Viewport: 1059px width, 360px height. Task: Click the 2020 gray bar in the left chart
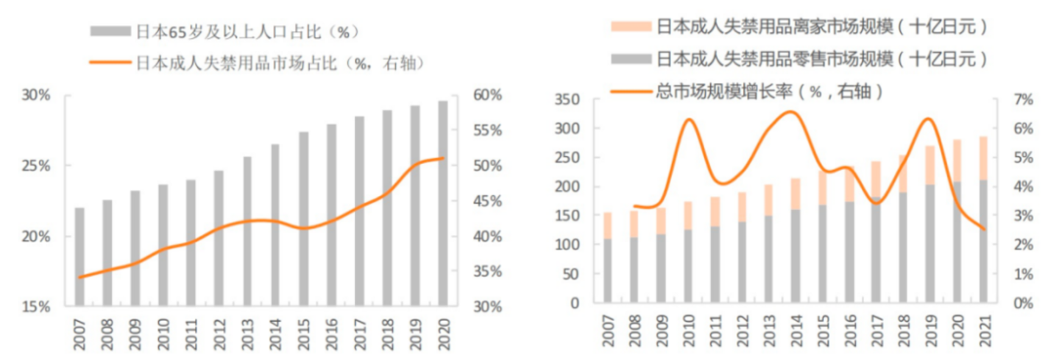443,203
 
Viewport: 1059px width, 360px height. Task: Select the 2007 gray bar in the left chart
79,256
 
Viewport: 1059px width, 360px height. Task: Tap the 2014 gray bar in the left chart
275,225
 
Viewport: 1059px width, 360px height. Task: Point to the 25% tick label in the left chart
36,166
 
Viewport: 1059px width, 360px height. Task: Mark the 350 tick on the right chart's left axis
570,99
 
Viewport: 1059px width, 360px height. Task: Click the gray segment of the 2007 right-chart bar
608,270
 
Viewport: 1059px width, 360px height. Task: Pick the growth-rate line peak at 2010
689,119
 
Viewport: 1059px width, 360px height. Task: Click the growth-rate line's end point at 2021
984,229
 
